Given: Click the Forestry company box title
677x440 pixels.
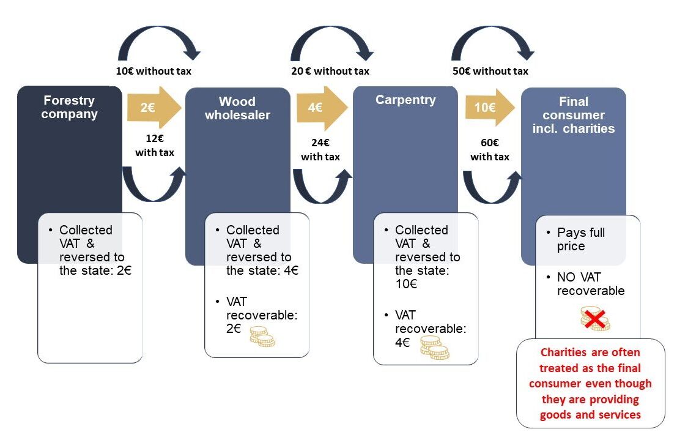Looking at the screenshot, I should click(69, 107).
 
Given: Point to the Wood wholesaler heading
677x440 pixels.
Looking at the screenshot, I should click(237, 108).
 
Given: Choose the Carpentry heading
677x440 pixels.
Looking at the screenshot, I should click(405, 100).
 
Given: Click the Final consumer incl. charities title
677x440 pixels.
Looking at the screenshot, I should click(573, 115).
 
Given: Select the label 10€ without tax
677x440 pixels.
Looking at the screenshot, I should click(154, 71).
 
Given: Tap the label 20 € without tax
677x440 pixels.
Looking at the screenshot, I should click(330, 71).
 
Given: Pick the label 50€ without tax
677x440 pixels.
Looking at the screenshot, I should click(490, 71).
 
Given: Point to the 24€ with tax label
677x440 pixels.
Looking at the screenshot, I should click(320, 150).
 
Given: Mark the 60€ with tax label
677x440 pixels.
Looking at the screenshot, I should click(489, 150).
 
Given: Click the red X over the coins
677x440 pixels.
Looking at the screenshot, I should click(594, 318).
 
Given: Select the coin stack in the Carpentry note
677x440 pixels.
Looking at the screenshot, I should click(434, 347).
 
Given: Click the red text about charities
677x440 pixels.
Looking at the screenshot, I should click(590, 384).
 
